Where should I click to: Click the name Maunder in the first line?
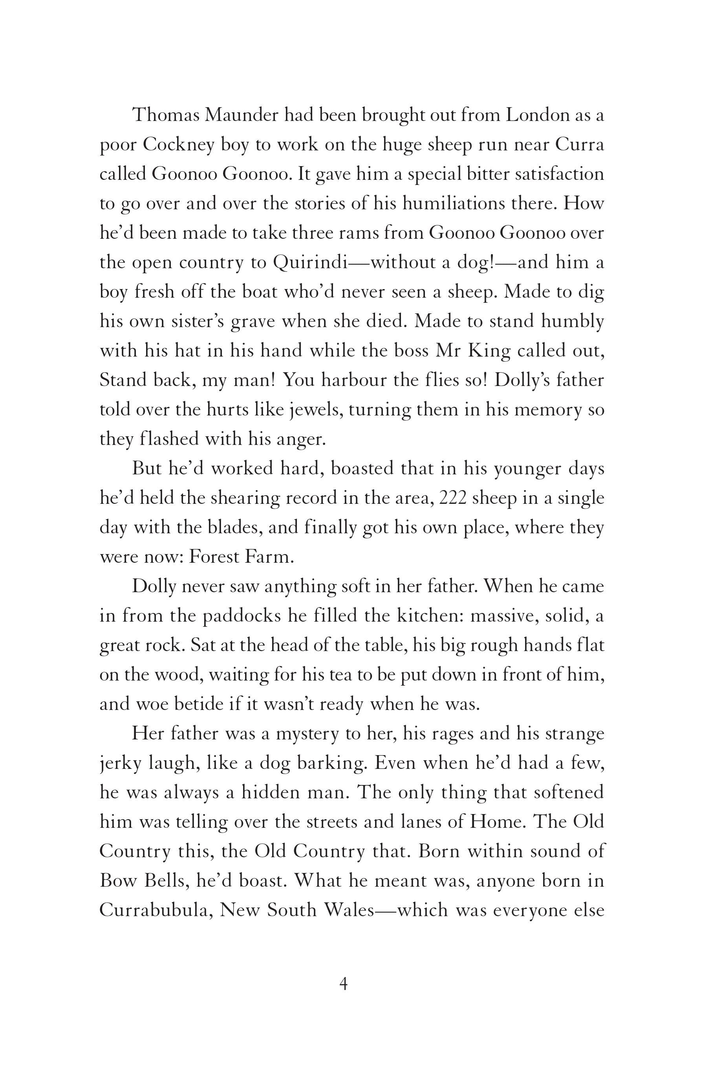(x=241, y=115)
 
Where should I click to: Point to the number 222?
(x=452, y=498)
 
